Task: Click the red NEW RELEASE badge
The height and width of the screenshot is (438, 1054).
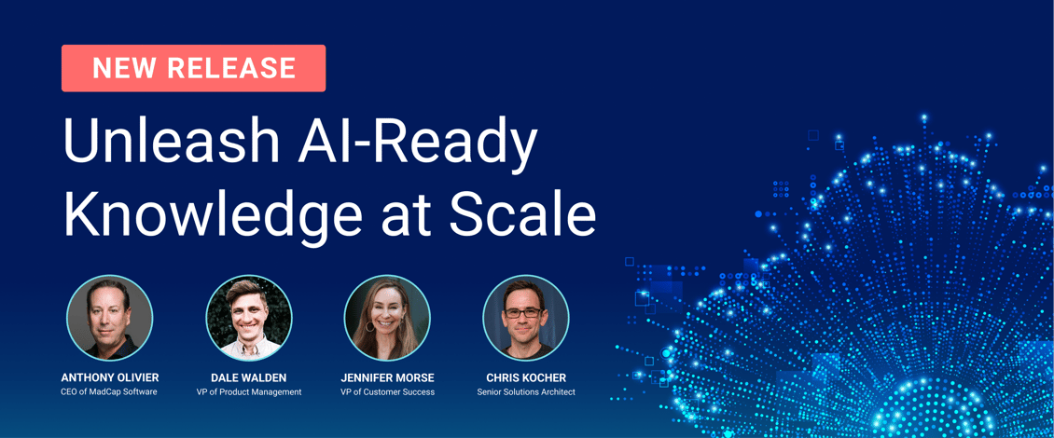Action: click(193, 68)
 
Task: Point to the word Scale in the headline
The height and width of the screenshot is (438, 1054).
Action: click(522, 213)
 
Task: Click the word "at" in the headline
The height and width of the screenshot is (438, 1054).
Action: click(406, 215)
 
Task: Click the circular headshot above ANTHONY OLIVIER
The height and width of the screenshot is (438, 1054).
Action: click(109, 318)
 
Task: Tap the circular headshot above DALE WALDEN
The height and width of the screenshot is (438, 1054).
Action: click(249, 318)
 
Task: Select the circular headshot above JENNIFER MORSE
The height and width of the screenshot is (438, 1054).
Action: click(387, 318)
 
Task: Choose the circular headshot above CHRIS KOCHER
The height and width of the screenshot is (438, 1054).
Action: click(526, 318)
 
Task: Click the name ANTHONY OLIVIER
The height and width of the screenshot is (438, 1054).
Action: click(110, 377)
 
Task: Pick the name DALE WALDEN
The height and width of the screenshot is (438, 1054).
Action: click(249, 377)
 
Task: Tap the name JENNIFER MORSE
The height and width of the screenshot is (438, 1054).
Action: click(387, 377)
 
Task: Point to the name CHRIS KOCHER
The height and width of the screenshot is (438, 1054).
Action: click(526, 377)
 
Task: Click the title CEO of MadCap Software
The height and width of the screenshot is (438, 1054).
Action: click(110, 392)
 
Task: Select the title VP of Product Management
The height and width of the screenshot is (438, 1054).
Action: click(249, 392)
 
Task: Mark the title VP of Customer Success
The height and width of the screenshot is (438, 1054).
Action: click(387, 392)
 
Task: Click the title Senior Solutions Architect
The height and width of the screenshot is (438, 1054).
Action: click(526, 392)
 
